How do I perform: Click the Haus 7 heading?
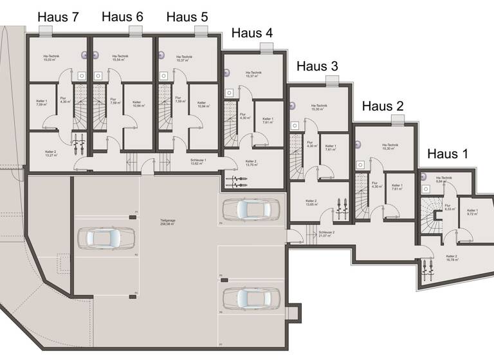tap(58, 17)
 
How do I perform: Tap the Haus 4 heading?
tap(252, 33)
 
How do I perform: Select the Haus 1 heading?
tap(448, 154)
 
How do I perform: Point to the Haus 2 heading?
tap(383, 106)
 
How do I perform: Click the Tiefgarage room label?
tap(169, 222)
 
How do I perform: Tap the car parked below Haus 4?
tap(250, 208)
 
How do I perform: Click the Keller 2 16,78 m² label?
tap(452, 258)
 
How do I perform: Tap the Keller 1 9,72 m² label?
tap(472, 212)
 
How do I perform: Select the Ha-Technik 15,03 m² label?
tap(51, 59)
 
